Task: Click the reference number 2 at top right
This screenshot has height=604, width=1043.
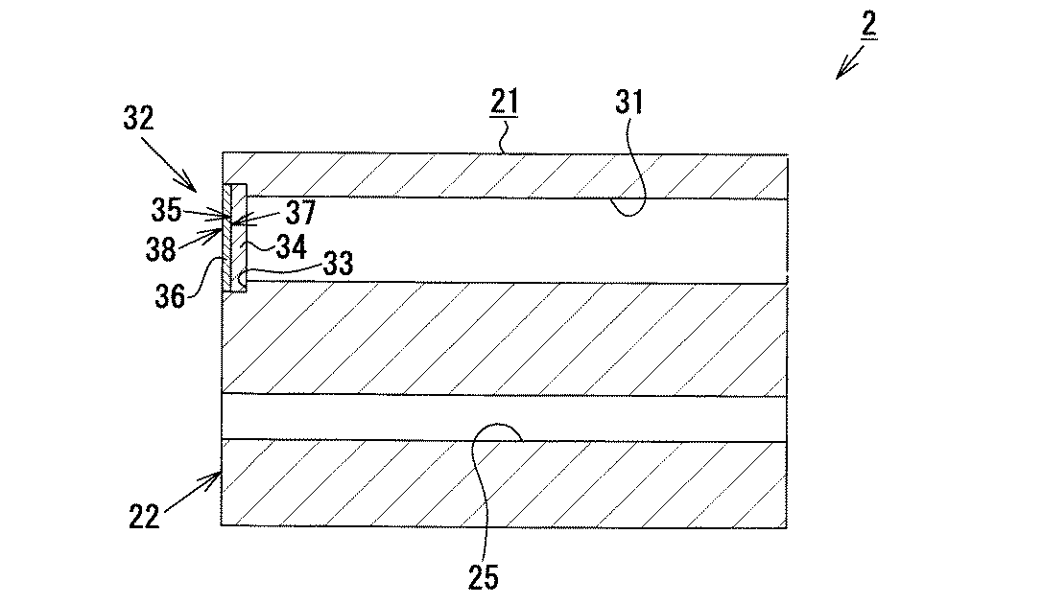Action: [868, 26]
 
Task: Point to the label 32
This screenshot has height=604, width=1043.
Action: [139, 119]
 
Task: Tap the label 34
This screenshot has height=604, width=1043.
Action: [289, 247]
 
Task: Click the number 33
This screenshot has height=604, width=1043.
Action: [336, 264]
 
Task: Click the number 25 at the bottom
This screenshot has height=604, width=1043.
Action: [484, 577]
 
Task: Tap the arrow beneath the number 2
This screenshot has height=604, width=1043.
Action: [849, 62]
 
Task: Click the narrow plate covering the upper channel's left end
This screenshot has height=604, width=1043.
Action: [235, 240]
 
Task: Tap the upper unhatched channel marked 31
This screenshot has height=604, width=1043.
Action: [518, 240]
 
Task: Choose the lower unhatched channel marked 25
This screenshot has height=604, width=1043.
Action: [504, 417]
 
